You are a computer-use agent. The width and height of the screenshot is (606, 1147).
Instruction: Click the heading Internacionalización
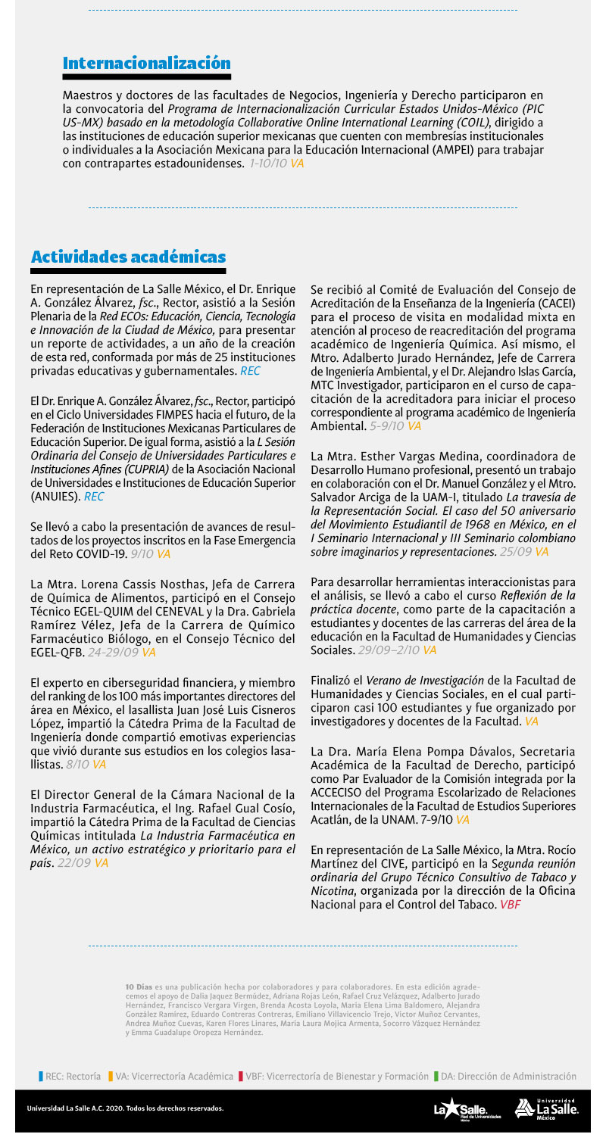(x=146, y=63)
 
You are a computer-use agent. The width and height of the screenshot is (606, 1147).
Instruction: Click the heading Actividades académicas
(x=128, y=257)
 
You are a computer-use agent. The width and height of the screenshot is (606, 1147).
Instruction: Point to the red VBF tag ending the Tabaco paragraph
(x=510, y=905)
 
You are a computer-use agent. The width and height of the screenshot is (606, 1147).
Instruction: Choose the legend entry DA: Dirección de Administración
(x=508, y=1076)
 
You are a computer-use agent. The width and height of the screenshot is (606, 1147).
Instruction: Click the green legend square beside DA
(x=436, y=1076)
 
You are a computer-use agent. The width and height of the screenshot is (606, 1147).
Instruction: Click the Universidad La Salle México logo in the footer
(x=546, y=1108)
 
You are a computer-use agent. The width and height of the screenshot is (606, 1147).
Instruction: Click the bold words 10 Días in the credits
(x=139, y=987)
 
